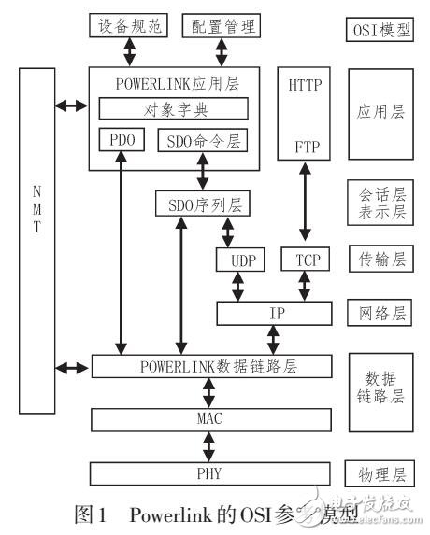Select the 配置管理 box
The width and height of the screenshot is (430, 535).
(222, 27)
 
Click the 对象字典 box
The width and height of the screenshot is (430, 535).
(174, 108)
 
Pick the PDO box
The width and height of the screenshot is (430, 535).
(120, 140)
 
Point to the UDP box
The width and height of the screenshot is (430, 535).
(236, 259)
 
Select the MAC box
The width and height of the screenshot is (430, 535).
(209, 418)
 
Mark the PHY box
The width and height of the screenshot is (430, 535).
(209, 472)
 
